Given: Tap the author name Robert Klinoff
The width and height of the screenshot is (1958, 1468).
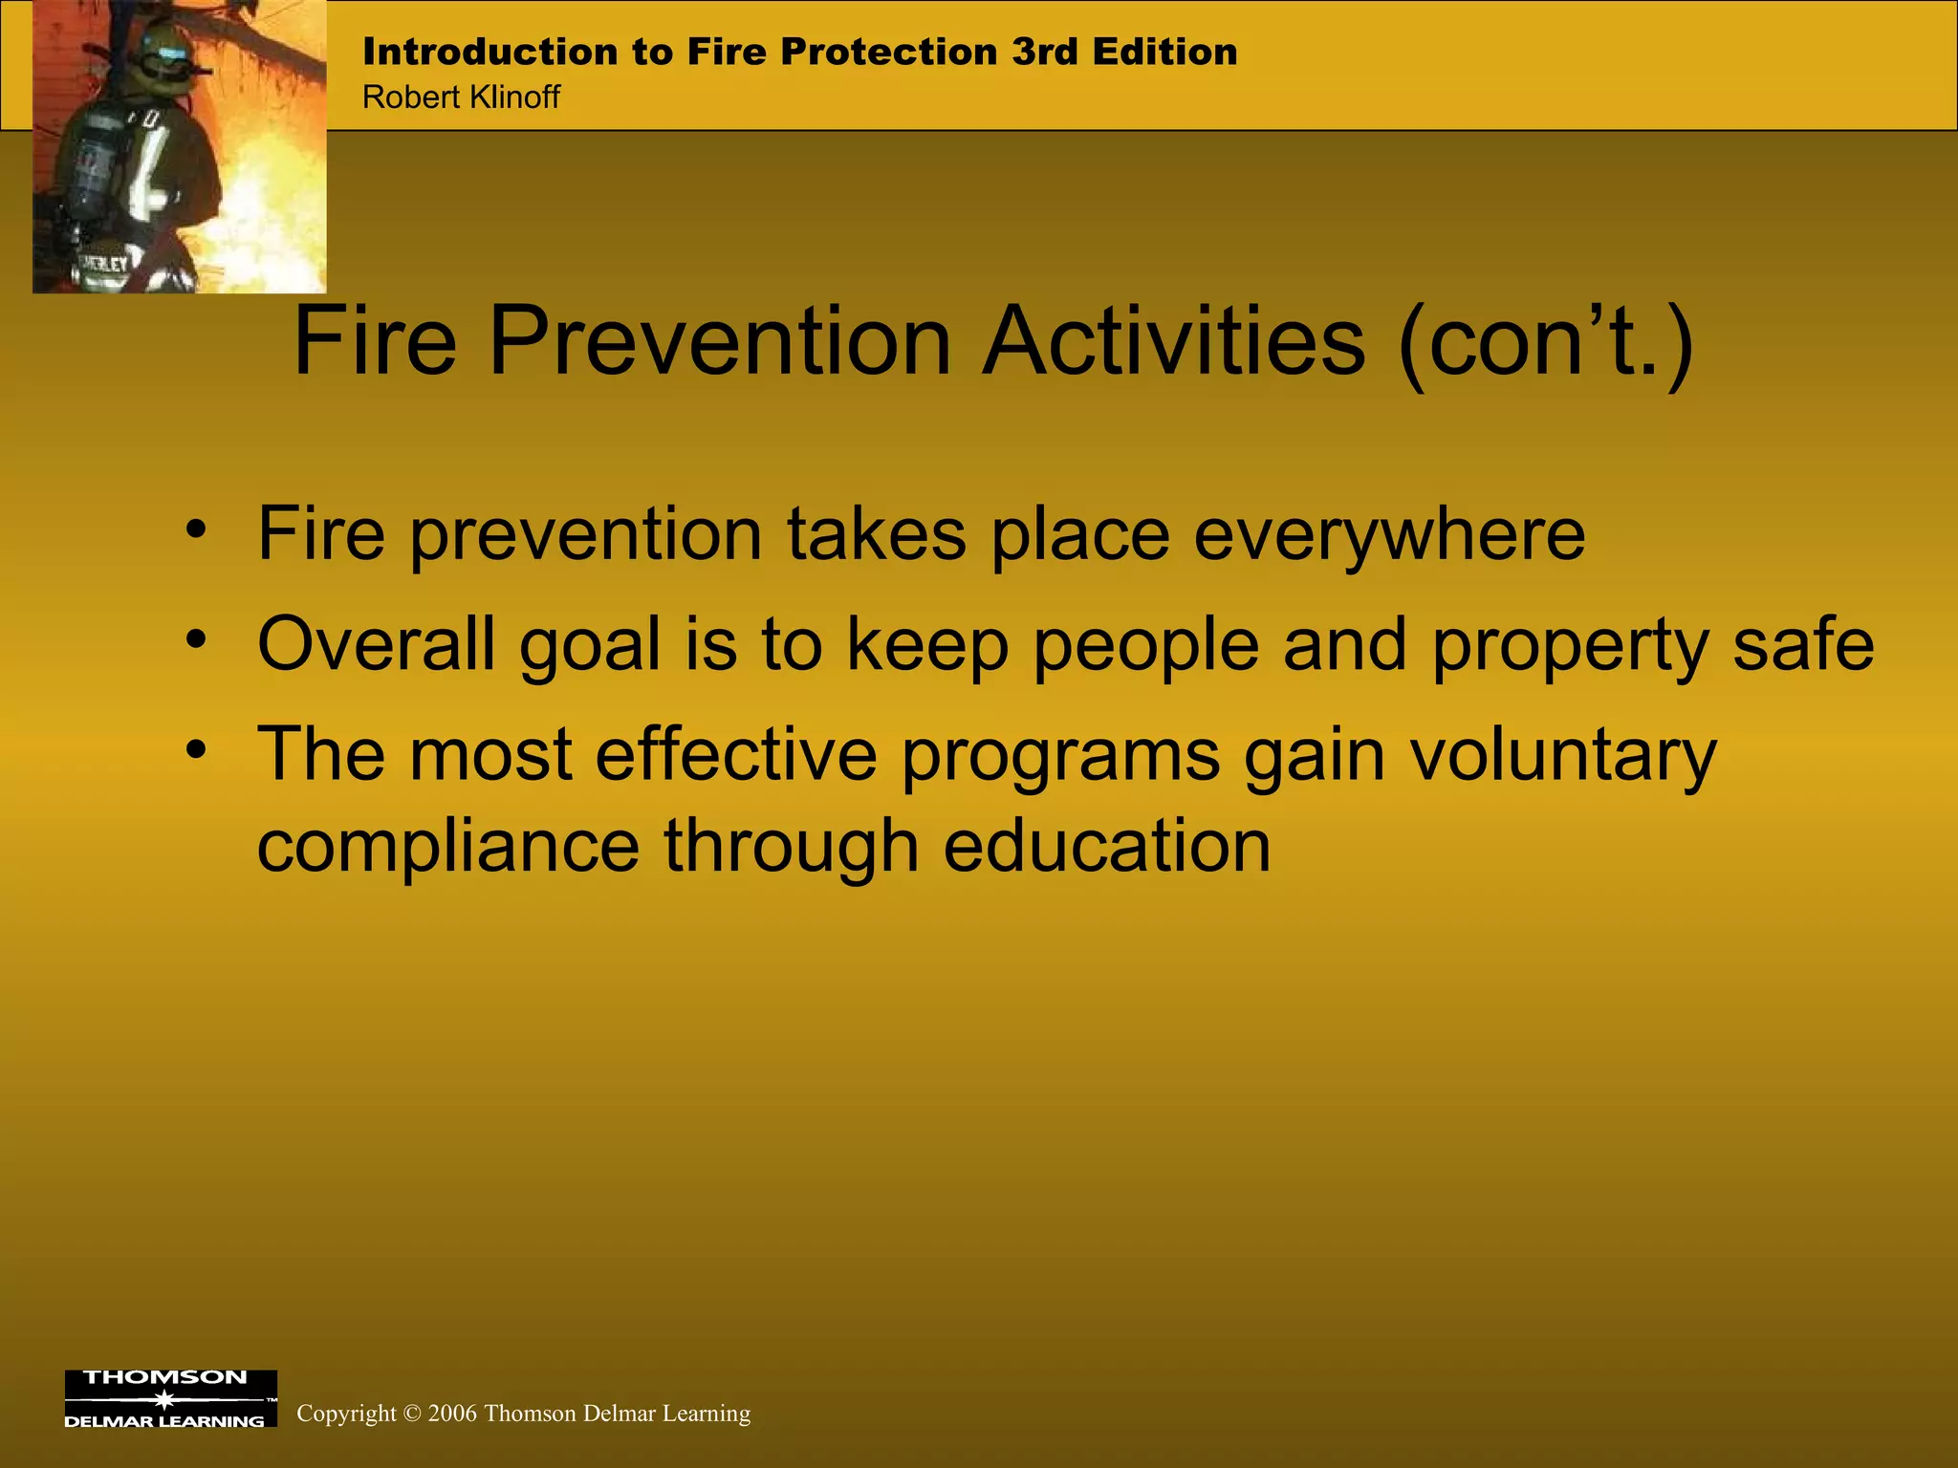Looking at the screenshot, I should (461, 97).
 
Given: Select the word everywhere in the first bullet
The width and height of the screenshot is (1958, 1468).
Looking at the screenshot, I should (1389, 535).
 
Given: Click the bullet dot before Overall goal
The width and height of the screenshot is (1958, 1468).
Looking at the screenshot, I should (196, 638).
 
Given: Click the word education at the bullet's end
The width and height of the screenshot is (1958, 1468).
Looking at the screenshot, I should (1107, 847).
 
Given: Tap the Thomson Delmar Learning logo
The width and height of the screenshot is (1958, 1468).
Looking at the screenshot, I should (170, 1398).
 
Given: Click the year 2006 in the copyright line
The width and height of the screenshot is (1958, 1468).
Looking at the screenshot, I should (452, 1414).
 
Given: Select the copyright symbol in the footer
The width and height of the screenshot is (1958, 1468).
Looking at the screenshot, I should (412, 1414).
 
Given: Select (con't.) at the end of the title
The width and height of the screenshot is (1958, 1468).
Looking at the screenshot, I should (1545, 342).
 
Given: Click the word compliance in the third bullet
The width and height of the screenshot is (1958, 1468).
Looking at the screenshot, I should (447, 847).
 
